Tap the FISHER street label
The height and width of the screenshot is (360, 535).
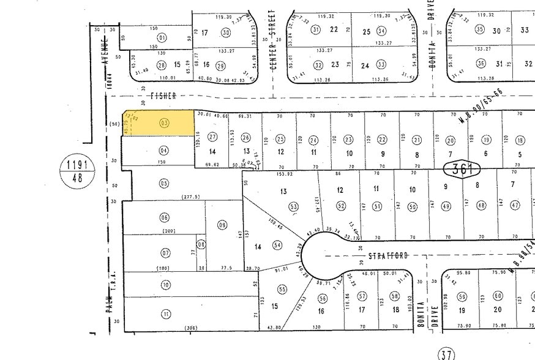[x=163, y=96]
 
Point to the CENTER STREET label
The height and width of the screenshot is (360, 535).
[x=273, y=39]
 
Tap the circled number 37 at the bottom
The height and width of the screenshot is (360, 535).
[x=447, y=354]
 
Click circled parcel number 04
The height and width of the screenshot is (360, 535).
[x=163, y=151]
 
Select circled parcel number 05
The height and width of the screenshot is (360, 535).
[x=163, y=183]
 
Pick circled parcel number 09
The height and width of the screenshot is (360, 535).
[x=222, y=225]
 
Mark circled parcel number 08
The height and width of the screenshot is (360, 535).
[x=201, y=244]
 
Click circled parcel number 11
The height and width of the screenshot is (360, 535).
[x=165, y=314]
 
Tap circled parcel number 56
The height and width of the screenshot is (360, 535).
[x=322, y=298]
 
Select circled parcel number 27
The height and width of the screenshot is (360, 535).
[x=212, y=137]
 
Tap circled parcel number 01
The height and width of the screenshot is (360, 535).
[x=162, y=38]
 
